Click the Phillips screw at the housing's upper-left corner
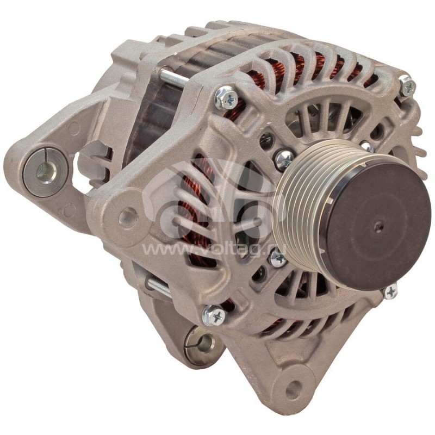coord(226,98)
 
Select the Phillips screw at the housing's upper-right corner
coord(407,86)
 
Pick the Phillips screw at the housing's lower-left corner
coord(213,314)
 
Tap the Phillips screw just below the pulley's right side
coord(390,291)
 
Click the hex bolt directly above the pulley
coord(284,159)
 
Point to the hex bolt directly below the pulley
coord(277,258)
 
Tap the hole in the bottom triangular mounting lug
coord(294,389)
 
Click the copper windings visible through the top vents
coord(304,68)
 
